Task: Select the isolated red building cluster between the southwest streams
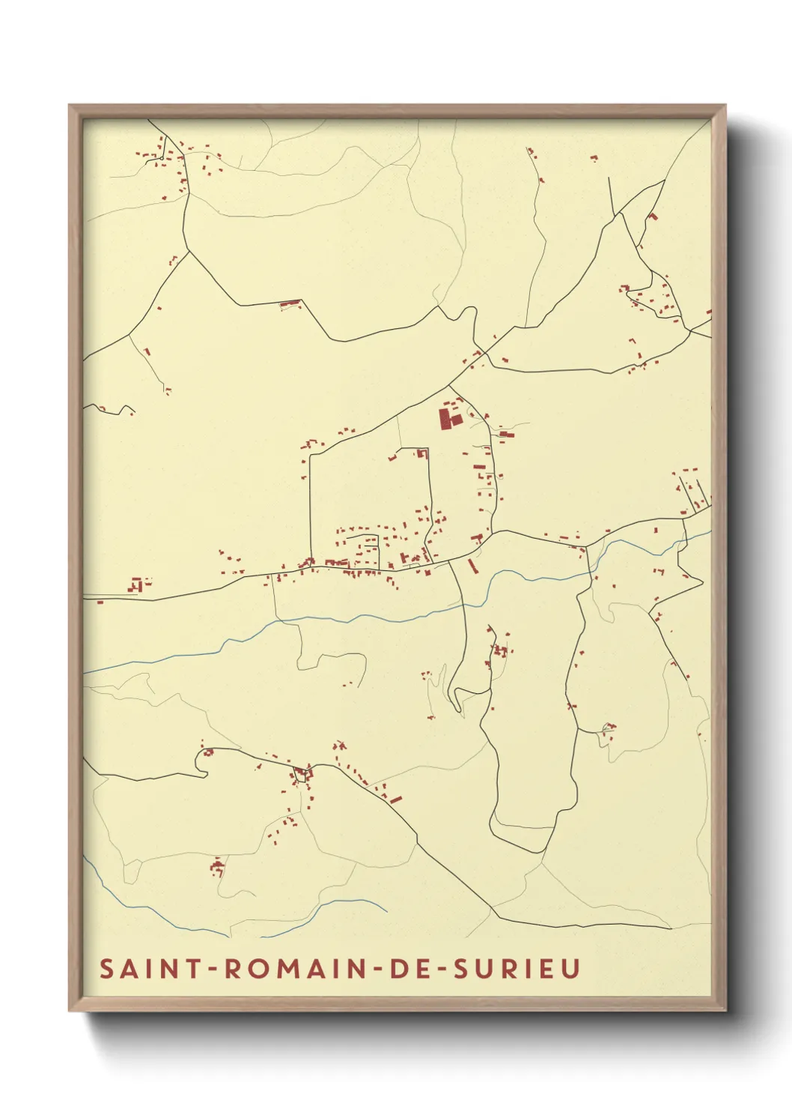[x=217, y=868]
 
